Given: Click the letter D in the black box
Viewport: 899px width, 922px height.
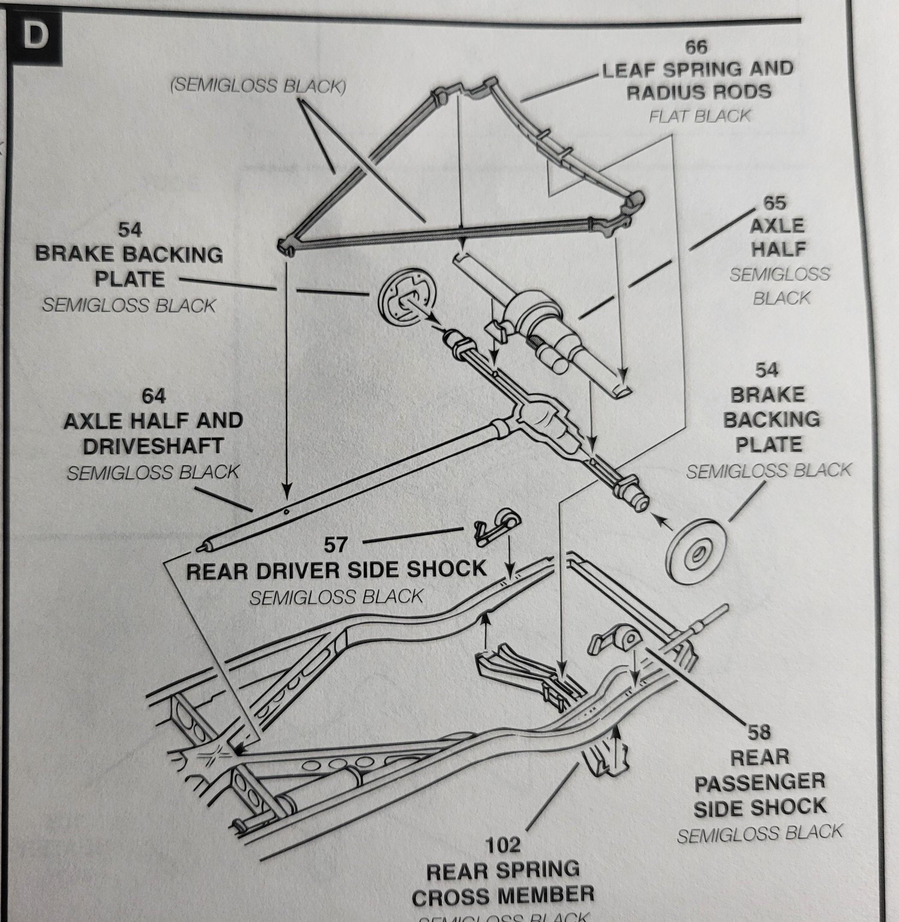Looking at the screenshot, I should click(35, 36).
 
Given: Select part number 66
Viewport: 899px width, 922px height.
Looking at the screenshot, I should click(696, 47).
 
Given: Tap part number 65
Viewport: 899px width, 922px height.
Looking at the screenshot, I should click(774, 203).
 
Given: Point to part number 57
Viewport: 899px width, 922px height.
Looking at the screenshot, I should click(335, 545).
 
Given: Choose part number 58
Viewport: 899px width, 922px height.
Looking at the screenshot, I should click(759, 732).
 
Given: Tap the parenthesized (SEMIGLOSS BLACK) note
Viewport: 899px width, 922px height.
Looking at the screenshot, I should click(258, 86).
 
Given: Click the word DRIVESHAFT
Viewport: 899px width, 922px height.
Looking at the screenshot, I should click(152, 446).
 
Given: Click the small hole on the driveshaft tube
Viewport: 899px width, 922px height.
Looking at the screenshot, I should click(286, 511).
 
